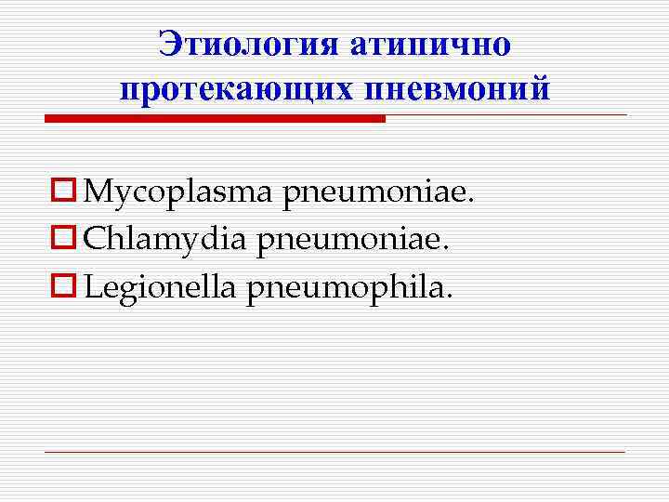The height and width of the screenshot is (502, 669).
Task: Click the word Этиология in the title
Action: [250, 44]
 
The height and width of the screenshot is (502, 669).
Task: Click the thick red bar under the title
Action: [215, 119]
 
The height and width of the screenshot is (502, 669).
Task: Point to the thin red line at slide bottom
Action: [334, 453]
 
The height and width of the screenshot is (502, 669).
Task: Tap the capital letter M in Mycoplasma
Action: [97, 193]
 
